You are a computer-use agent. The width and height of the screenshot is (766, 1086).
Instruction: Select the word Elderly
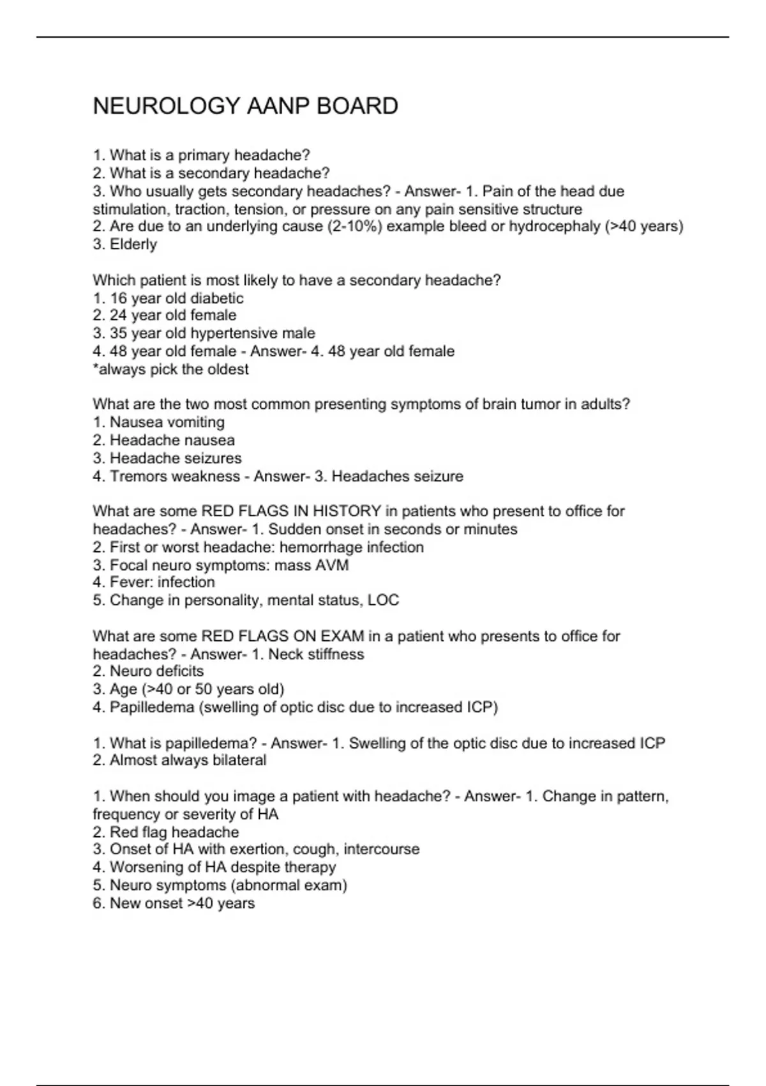tap(133, 245)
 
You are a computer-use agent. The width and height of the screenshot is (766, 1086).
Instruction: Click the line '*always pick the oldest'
tap(170, 369)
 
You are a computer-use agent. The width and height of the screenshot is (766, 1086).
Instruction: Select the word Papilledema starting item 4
tap(152, 708)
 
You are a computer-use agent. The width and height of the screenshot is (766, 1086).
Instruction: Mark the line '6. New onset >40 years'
tap(174, 903)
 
